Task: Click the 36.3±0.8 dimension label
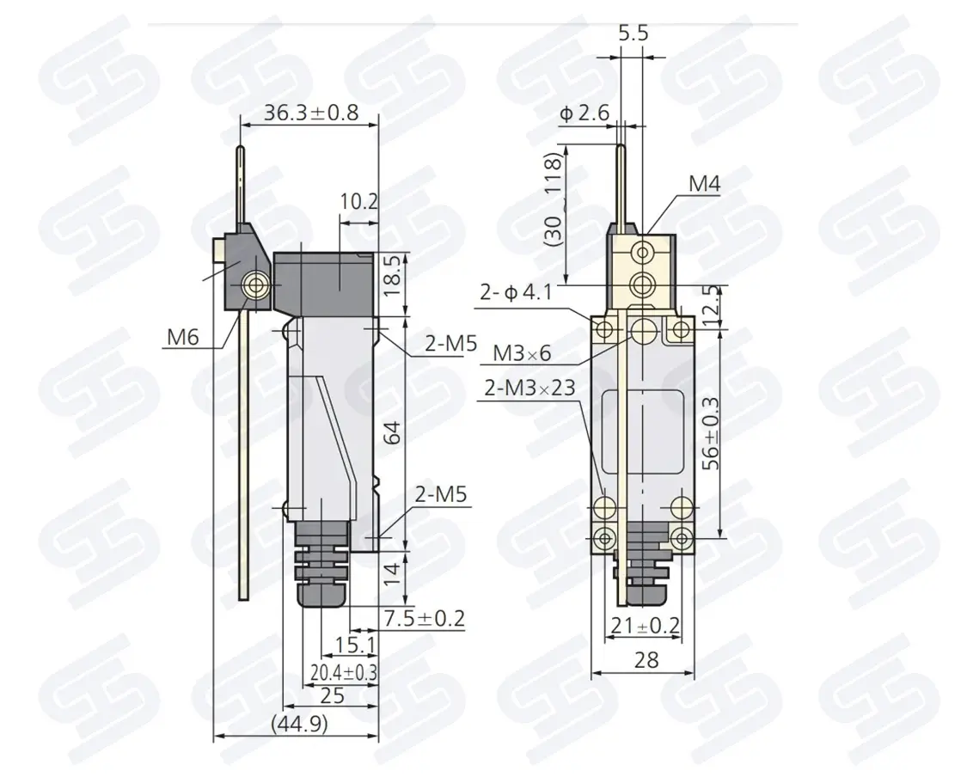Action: pos(311,113)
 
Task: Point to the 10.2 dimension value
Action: pos(359,201)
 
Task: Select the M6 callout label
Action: pos(183,337)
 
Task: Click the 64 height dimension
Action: pos(392,433)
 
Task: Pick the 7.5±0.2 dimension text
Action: pos(425,618)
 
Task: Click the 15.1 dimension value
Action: pos(355,645)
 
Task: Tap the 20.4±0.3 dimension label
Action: pos(344,671)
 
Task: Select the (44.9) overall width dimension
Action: pos(300,724)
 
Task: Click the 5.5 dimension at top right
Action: pos(633,33)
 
